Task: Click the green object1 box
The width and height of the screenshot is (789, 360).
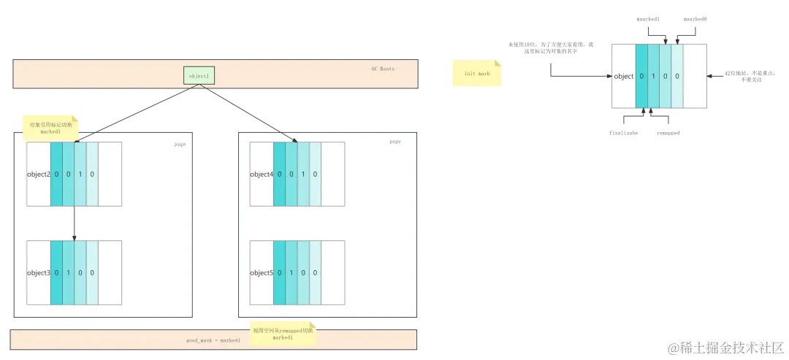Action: point(199,75)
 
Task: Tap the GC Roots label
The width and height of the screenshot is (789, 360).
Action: point(383,69)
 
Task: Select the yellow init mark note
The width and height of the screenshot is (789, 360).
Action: point(476,74)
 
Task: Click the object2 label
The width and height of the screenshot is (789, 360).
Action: point(39,174)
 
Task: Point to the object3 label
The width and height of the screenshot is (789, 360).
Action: point(39,272)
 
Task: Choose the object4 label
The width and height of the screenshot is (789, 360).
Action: point(262,174)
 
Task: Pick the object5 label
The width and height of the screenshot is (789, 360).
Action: point(262,272)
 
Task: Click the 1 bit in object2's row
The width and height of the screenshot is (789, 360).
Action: point(80,174)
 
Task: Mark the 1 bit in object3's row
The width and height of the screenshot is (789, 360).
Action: point(69,272)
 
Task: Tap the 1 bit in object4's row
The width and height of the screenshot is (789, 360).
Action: point(303,174)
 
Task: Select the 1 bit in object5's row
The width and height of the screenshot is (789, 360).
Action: point(291,272)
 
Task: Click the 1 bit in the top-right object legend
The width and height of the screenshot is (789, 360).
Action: point(654,76)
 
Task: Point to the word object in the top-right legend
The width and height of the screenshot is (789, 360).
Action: point(624,76)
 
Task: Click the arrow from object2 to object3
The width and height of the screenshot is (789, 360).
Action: point(75,223)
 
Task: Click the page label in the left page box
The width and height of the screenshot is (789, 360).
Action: point(180,144)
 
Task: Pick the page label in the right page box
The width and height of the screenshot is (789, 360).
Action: point(395,142)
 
